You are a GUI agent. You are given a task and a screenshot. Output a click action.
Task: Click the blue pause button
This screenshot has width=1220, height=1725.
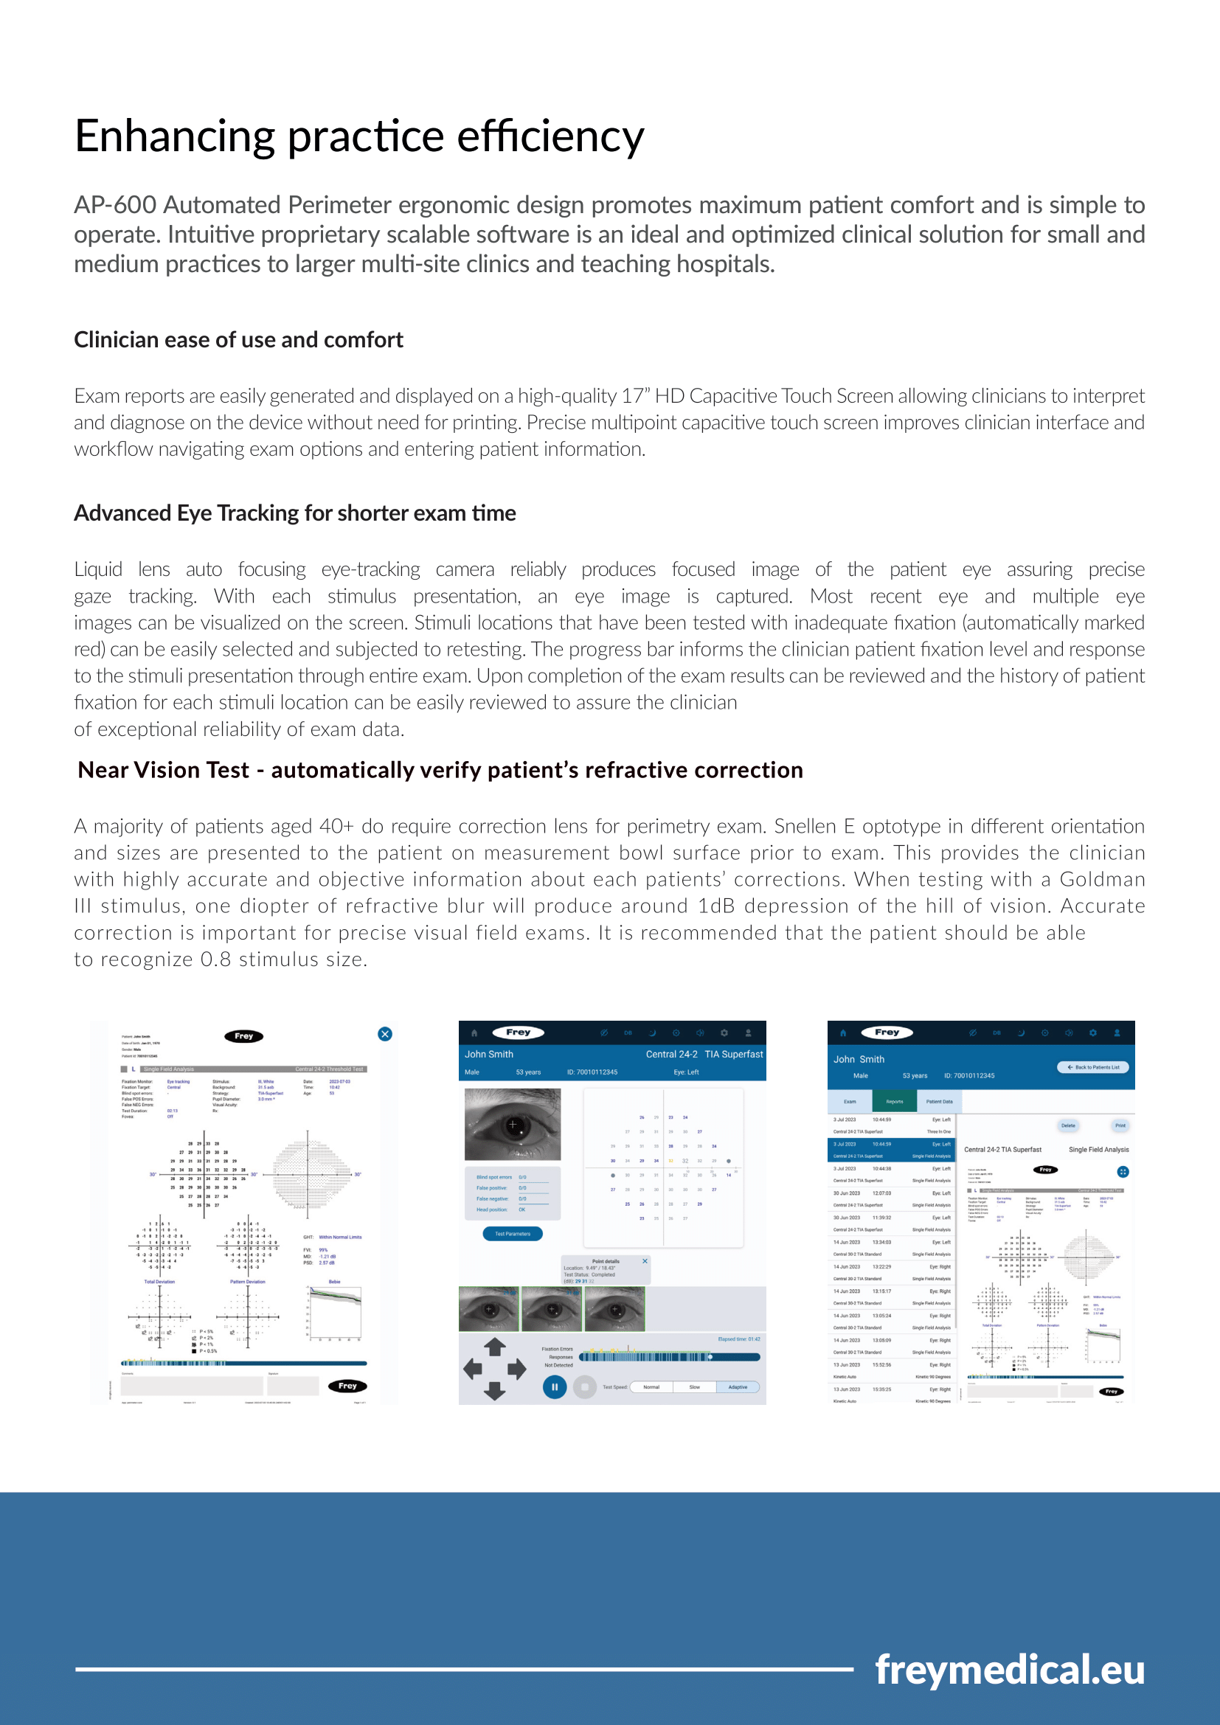[x=555, y=1387]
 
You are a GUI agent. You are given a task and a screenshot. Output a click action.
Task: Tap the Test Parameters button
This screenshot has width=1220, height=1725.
[x=513, y=1234]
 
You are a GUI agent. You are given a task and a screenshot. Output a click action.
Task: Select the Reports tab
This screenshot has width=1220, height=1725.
[x=894, y=1101]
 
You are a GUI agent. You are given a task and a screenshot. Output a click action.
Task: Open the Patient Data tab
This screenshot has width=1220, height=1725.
[x=939, y=1101]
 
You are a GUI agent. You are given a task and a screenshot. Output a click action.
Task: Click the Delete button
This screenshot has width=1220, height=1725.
[x=1068, y=1125]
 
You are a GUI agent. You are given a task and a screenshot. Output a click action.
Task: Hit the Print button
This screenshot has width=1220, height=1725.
[x=1120, y=1125]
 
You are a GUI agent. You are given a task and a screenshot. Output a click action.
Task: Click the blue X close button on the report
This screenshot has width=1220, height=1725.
[x=384, y=1034]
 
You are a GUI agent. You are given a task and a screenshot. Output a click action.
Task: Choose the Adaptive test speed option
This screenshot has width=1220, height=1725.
[x=738, y=1387]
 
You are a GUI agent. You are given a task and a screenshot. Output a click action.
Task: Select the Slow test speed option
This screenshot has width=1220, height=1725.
[x=694, y=1387]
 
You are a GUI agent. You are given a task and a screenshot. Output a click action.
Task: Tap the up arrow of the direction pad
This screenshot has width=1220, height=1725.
[x=494, y=1347]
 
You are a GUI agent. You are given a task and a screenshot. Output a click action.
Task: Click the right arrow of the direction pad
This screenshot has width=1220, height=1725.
[x=517, y=1369]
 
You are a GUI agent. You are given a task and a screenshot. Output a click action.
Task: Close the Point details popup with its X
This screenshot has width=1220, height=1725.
[x=645, y=1260]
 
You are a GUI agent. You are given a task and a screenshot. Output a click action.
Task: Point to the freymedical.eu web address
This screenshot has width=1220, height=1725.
[x=1010, y=1670]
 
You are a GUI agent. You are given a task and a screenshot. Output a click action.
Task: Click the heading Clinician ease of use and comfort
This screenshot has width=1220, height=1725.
[x=238, y=339]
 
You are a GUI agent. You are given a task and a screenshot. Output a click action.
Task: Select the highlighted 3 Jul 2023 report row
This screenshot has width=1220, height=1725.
[x=891, y=1150]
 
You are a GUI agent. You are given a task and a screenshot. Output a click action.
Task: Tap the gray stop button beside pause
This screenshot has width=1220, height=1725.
[x=584, y=1387]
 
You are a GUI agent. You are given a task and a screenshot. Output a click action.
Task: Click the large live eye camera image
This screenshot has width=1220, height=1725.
[x=513, y=1125]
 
